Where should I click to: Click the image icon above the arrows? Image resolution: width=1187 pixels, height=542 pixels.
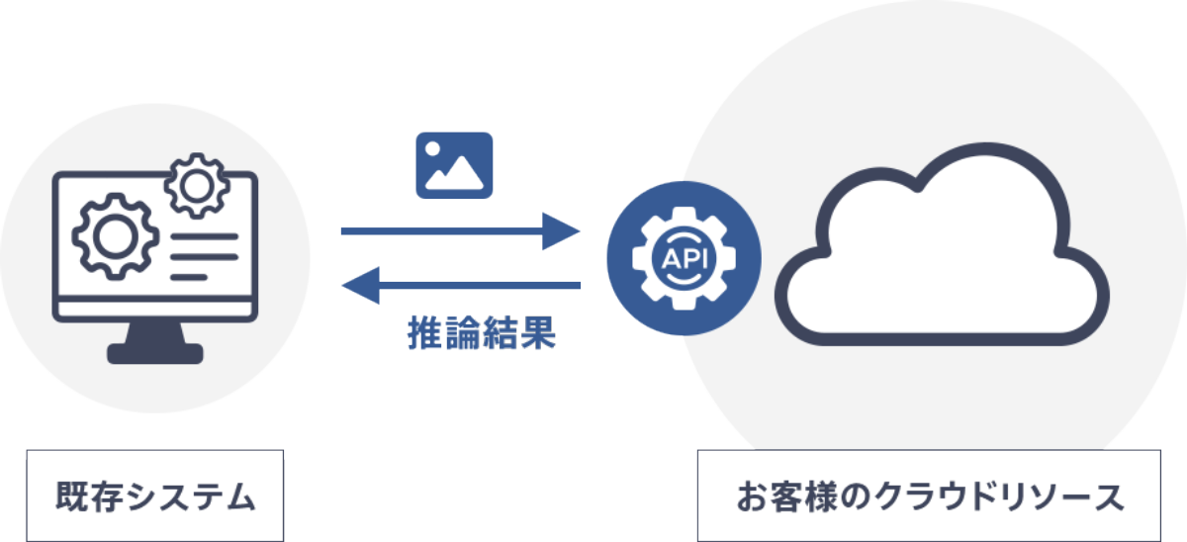click(x=454, y=163)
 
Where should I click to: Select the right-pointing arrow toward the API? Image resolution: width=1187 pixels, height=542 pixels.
click(x=460, y=231)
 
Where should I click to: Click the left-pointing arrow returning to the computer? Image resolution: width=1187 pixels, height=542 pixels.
click(x=460, y=287)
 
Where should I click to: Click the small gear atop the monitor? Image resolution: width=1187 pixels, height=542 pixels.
click(x=197, y=185)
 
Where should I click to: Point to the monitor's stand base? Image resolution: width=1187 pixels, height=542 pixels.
click(x=155, y=353)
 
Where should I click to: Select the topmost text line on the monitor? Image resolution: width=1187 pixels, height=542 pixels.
click(x=205, y=237)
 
